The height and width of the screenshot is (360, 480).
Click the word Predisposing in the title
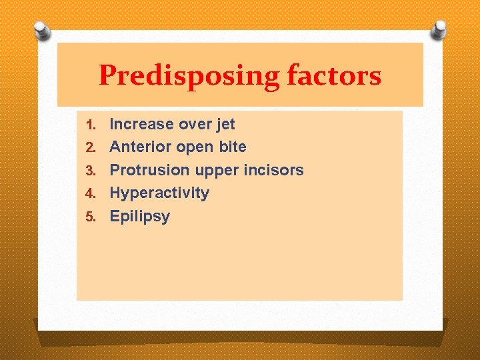[189, 76]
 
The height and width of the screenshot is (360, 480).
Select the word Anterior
[141, 147]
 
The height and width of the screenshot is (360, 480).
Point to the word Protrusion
[150, 170]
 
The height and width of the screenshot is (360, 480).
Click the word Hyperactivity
[159, 193]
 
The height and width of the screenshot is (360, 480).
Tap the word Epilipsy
[139, 217]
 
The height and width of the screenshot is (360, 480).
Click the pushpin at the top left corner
[43, 31]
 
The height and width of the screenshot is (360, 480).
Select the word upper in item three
[217, 171]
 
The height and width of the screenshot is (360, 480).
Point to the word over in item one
[190, 124]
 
